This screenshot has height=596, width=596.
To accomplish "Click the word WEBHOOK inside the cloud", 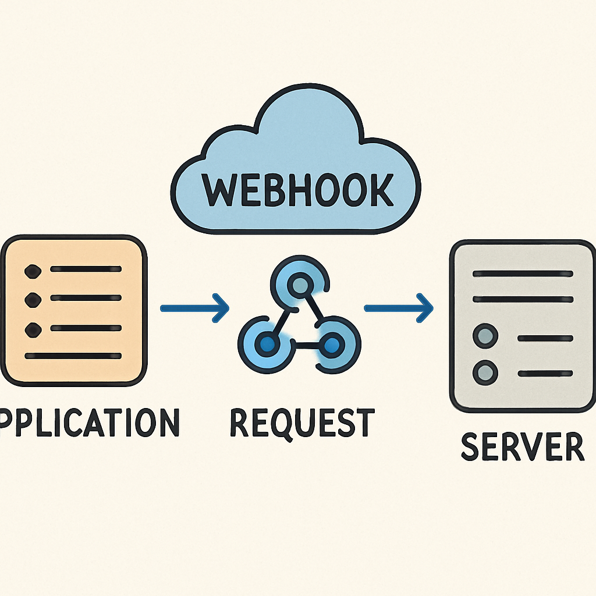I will [297, 189].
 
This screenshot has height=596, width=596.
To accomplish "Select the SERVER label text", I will [521, 446].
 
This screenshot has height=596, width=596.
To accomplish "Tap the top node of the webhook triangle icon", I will [299, 285].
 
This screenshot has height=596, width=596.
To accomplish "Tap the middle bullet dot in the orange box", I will [33, 300].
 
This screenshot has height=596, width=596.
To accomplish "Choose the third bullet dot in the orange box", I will [33, 329].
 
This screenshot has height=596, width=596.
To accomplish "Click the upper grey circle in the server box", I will [485, 336].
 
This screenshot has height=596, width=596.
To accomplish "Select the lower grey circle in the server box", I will [485, 371].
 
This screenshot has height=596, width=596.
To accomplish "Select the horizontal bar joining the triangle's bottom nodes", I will [299, 345].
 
